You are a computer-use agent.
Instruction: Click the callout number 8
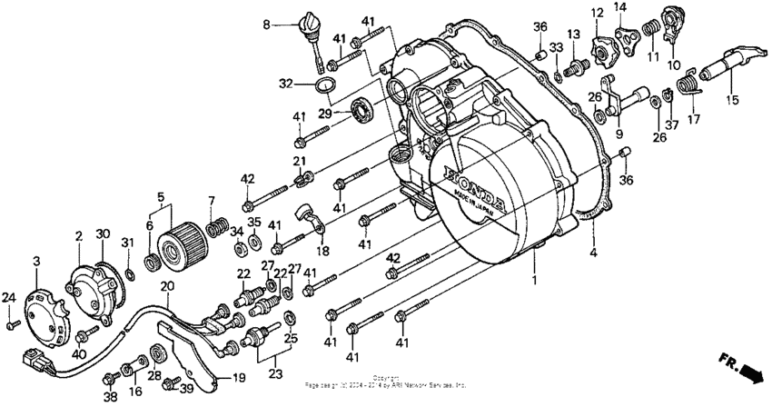pyautogui.click(x=268, y=25)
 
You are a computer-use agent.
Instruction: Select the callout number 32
pyautogui.click(x=285, y=84)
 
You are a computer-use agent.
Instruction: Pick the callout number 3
pyautogui.click(x=36, y=262)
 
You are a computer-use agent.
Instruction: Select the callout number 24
pyautogui.click(x=8, y=297)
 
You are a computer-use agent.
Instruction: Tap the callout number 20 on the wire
pyautogui.click(x=166, y=287)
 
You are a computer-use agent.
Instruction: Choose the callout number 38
pyautogui.click(x=110, y=397)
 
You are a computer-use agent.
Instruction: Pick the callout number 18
pyautogui.click(x=322, y=250)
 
